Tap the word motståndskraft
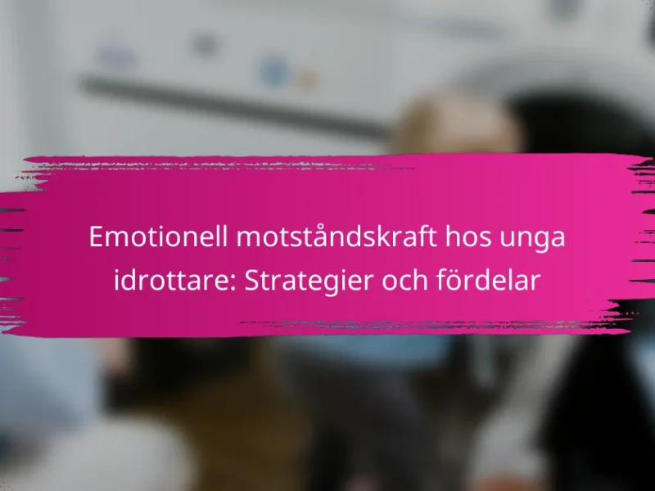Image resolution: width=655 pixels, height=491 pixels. point(337,236)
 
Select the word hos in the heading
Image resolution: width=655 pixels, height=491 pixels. point(468,236)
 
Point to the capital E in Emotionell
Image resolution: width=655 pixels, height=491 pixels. point(96,236)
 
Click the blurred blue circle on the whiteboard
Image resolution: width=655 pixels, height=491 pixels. point(273,71)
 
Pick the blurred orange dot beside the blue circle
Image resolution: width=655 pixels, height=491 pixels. point(306,79)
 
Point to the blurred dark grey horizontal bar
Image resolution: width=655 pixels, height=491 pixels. point(234,106)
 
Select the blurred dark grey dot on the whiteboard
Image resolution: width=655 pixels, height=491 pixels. point(204,45)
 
